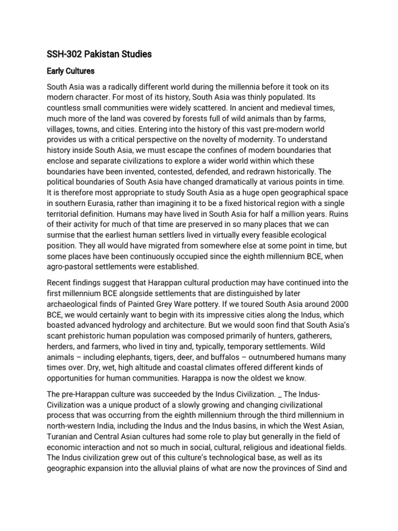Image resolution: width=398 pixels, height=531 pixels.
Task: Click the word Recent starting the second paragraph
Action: pyautogui.click(x=61, y=282)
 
